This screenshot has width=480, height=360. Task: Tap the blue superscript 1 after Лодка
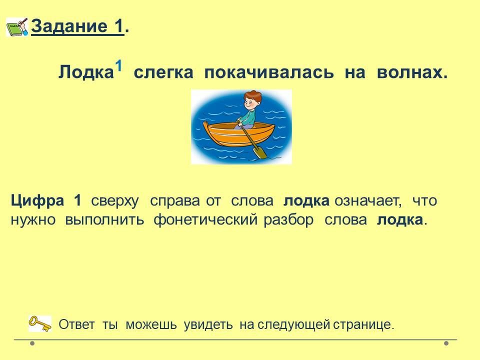pos(119,66)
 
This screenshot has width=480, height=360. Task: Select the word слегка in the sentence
pos(163,73)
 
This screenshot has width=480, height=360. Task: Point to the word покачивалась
pos(269,73)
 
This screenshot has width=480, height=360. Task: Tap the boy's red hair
pos(252,95)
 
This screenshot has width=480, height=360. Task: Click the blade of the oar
pos(260,152)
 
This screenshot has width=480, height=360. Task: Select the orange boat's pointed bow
pos(206,125)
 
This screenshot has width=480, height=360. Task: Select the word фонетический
pos(205,220)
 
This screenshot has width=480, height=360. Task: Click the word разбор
pos(288,220)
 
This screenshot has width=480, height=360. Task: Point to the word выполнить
pos(104,220)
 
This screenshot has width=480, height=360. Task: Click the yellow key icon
pos(40,323)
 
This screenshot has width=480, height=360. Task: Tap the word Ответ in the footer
pos(76,324)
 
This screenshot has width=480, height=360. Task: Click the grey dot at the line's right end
pos(446,343)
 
